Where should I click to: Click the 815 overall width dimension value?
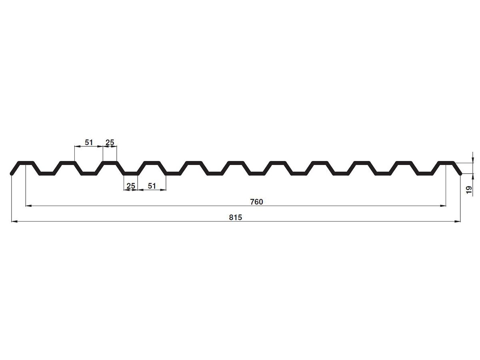tap(235, 218)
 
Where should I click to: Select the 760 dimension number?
tap(256, 202)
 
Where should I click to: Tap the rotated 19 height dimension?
tap(469, 190)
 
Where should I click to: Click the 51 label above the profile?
tap(89, 142)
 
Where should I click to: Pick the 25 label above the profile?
tap(110, 142)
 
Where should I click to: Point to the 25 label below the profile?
tap(131, 186)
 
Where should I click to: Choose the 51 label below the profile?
tap(152, 186)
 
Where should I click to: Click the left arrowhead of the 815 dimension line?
tap(14, 222)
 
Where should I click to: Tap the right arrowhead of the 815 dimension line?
tap(458, 222)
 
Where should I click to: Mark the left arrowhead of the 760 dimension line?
tap(29, 206)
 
